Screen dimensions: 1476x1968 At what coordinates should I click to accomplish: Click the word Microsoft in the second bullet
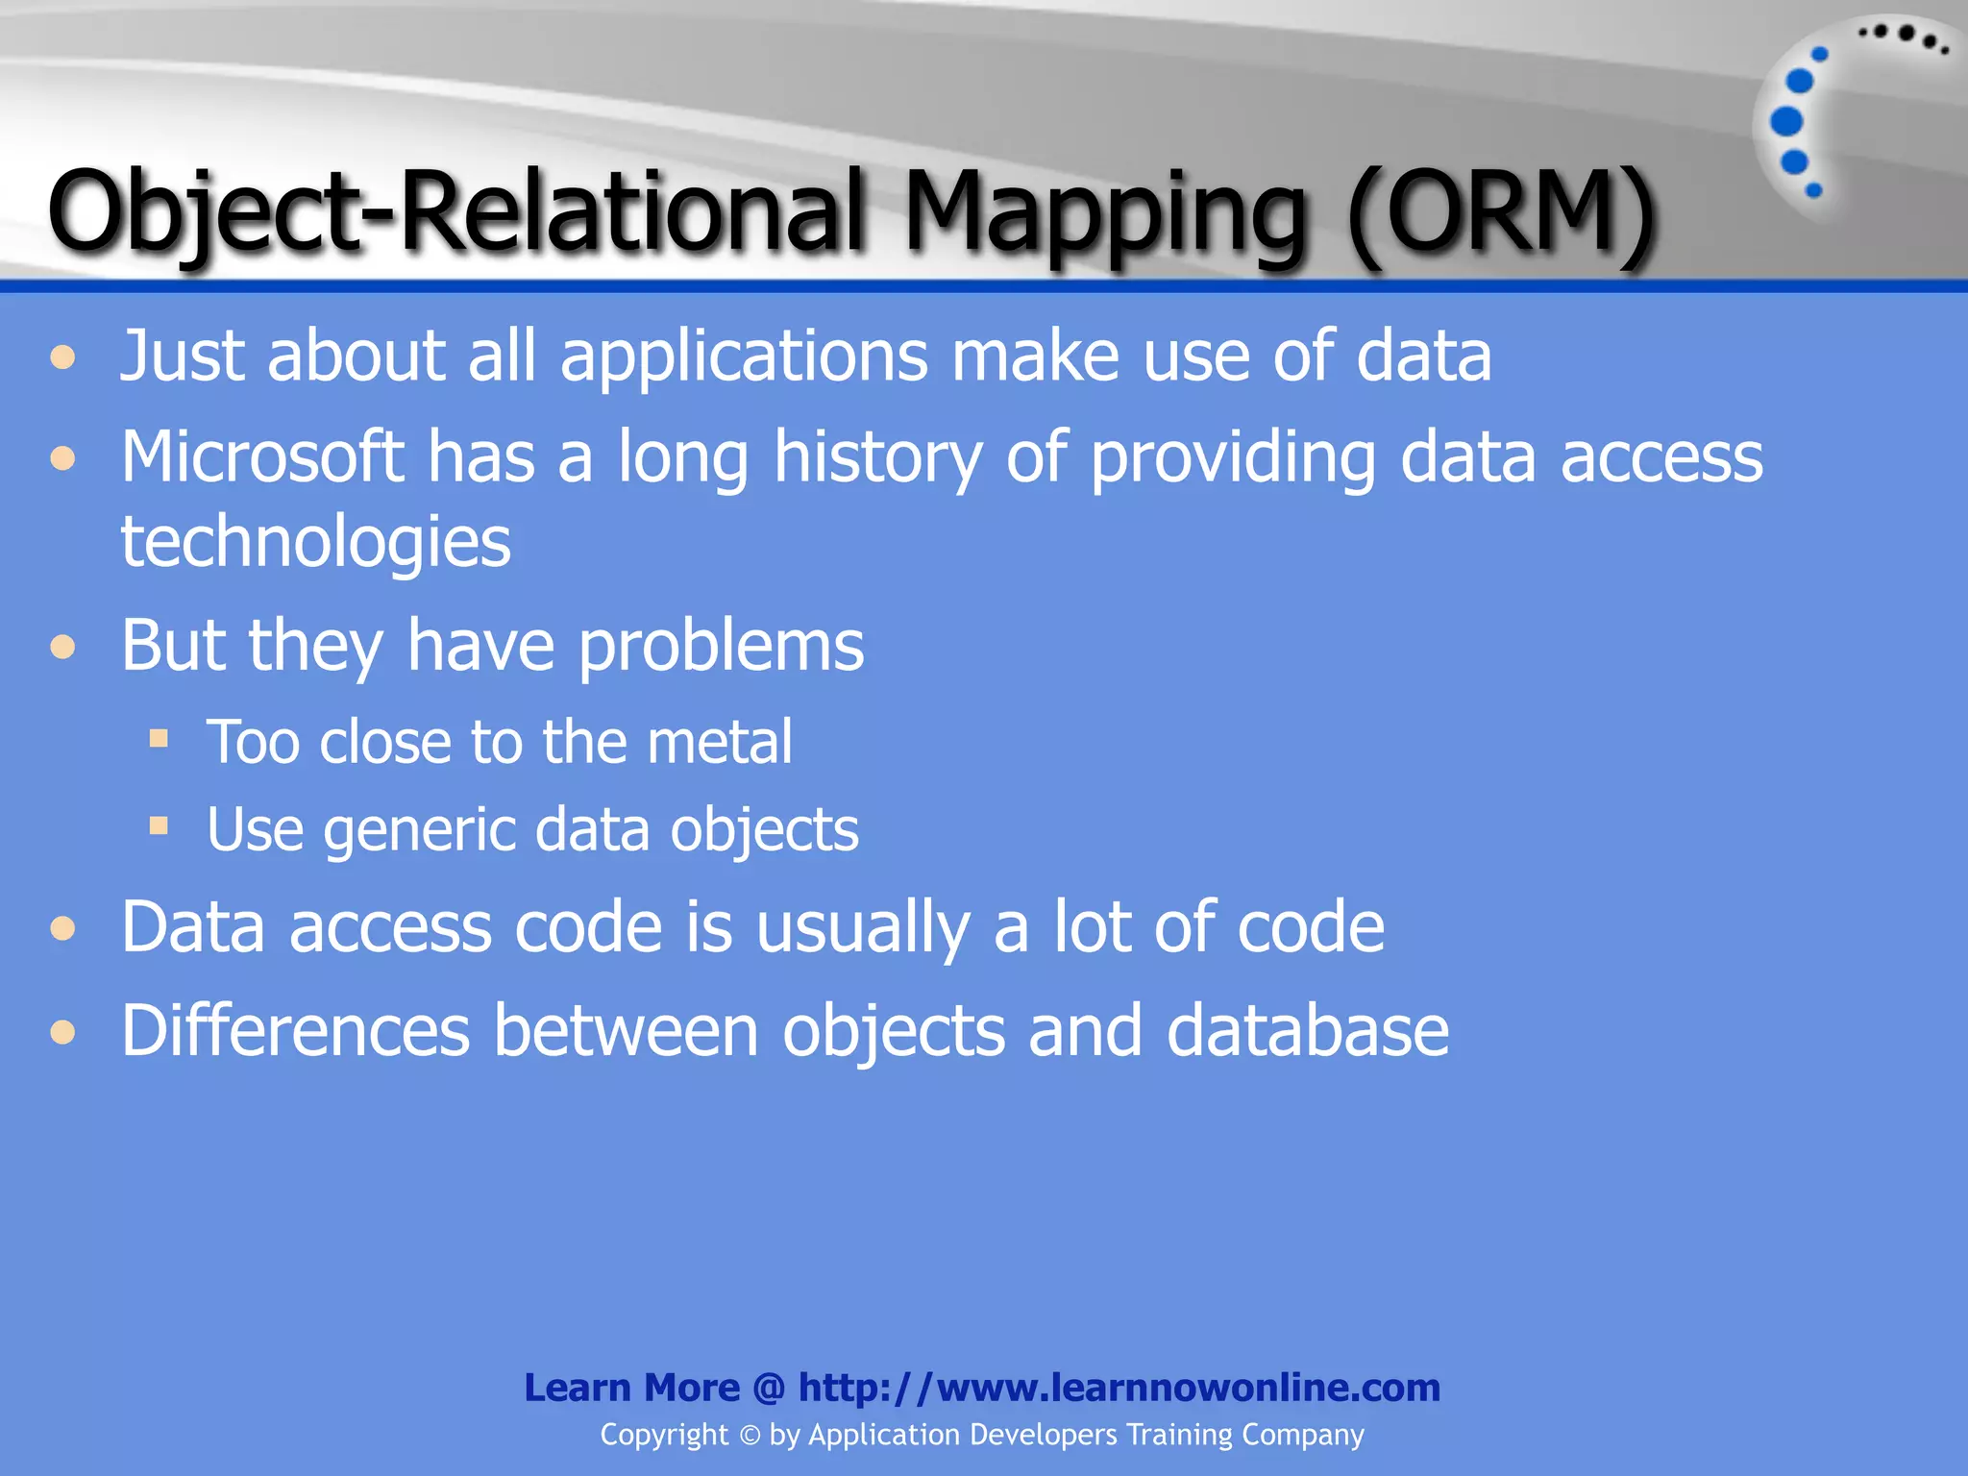coord(261,456)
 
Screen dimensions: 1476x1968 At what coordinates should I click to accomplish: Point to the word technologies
coord(315,541)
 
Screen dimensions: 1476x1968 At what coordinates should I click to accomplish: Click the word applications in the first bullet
coord(744,356)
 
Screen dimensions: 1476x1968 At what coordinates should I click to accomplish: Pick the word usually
coord(862,927)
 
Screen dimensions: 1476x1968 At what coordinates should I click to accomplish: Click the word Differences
coord(295,1031)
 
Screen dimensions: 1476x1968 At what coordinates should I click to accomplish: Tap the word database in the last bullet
coord(1307,1031)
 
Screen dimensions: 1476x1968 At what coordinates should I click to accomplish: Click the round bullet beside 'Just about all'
coord(63,358)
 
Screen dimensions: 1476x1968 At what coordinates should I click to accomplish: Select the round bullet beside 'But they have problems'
coord(63,647)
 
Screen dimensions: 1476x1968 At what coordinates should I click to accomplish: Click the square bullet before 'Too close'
coord(159,738)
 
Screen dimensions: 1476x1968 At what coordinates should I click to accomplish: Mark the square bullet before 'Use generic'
coord(159,825)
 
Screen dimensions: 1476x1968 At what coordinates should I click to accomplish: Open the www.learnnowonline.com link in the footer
coord(1119,1388)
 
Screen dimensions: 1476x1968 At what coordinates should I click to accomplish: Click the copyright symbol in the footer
coord(750,1436)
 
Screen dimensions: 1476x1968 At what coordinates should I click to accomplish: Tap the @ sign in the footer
coord(769,1388)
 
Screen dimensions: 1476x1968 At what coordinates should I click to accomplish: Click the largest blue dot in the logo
coord(1786,122)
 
